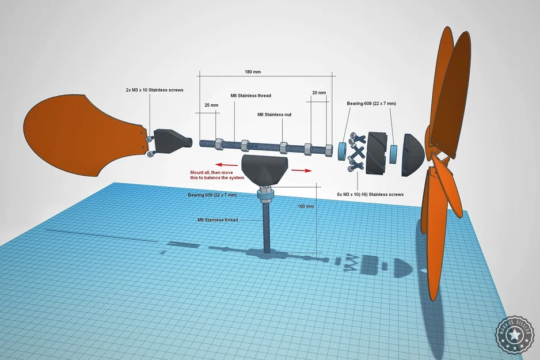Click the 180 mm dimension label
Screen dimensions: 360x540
[253, 72]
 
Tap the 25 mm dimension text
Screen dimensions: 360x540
[211, 105]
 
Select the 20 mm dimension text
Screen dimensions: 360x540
[319, 92]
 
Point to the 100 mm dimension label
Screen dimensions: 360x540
[306, 206]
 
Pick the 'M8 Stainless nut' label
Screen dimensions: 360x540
[274, 115]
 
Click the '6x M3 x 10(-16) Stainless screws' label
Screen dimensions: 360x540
[370, 195]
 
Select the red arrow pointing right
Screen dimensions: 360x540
[302, 170]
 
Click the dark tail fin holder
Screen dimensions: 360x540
[169, 142]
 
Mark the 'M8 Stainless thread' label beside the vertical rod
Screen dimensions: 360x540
[218, 219]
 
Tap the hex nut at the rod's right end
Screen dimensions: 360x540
[328, 150]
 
